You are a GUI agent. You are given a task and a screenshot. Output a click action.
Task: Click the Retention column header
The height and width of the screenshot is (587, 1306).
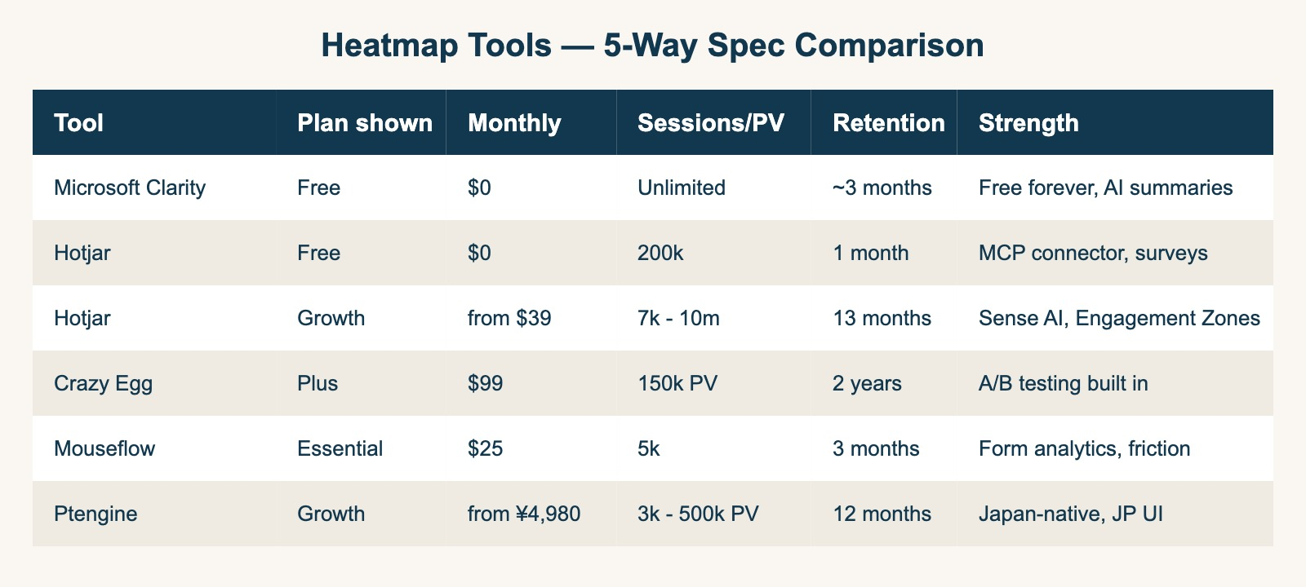click(x=888, y=123)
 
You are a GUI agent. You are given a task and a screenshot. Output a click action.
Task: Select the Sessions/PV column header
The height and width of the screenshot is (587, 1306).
click(x=710, y=123)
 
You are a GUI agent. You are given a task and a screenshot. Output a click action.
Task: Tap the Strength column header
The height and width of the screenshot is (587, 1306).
click(x=1028, y=123)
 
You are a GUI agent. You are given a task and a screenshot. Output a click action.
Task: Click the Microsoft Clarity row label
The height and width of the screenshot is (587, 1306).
click(x=130, y=188)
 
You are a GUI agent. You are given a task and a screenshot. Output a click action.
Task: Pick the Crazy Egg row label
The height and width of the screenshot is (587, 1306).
click(x=103, y=383)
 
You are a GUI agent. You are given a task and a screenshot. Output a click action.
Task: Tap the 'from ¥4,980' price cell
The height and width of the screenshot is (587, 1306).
click(x=524, y=514)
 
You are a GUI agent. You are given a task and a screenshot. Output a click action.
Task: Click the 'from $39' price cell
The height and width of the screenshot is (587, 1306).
click(x=509, y=318)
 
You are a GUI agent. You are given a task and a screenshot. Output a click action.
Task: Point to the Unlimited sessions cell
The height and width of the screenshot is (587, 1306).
click(x=681, y=188)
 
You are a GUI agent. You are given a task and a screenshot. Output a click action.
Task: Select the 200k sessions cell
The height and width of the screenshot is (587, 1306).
click(x=660, y=253)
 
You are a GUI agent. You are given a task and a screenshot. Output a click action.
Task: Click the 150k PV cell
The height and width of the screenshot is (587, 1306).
click(x=677, y=383)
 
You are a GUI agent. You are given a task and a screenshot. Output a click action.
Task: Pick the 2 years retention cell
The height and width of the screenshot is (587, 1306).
click(x=867, y=383)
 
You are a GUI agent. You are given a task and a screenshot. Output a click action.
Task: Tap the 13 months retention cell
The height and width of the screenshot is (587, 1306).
click(x=882, y=318)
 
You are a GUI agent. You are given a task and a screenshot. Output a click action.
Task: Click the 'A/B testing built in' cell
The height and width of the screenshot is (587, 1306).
click(x=1063, y=383)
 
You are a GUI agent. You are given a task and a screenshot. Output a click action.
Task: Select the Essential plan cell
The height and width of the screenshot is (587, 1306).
click(x=340, y=448)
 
